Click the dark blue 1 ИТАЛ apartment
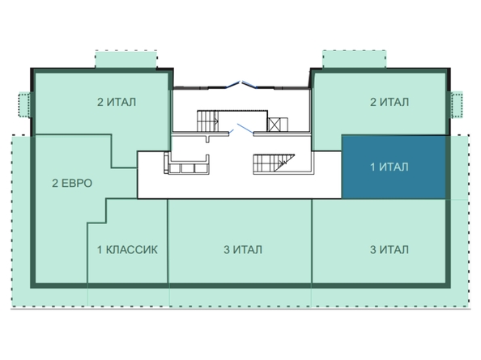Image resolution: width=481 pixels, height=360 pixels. [394, 167]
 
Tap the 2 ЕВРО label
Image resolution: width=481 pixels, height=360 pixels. [72, 183]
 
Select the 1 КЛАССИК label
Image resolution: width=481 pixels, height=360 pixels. [127, 250]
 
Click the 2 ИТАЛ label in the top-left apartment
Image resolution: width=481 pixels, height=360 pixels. [117, 102]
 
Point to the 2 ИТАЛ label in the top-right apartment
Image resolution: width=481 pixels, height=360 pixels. [389, 102]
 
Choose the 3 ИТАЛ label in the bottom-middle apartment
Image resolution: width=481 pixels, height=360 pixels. [243, 250]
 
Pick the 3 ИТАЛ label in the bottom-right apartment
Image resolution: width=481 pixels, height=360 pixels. [389, 250]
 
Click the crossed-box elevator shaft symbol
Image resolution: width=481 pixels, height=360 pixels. [273, 125]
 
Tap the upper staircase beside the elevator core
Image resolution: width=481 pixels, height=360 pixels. [207, 121]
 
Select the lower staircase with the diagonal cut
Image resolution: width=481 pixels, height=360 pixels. [274, 164]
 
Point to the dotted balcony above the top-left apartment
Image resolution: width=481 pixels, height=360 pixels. [126, 59]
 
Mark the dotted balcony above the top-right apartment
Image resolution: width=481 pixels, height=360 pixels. [355, 59]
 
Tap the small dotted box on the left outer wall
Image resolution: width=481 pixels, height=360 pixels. [24, 104]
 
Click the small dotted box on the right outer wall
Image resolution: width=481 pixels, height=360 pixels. [457, 104]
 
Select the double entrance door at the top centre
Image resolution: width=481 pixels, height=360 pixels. [241, 85]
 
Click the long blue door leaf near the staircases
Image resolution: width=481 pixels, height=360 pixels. [245, 129]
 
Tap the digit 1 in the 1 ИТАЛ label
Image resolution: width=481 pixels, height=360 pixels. [372, 167]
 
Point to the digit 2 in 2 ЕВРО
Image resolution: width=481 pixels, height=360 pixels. [55, 183]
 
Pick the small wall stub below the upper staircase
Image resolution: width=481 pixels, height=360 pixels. [208, 138]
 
